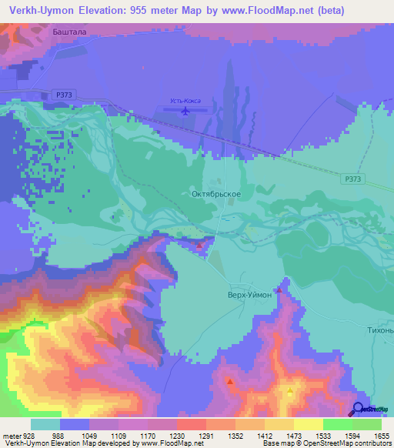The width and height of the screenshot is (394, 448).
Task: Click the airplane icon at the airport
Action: [x=185, y=112]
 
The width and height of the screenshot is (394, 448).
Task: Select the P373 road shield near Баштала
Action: [x=65, y=94]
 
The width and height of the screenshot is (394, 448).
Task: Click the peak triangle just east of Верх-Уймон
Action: [x=278, y=291]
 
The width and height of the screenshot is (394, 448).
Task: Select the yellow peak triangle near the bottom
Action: [x=289, y=392]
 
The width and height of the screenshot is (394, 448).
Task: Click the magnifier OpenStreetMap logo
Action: [x=359, y=409]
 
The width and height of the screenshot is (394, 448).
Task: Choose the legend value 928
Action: [x=31, y=436]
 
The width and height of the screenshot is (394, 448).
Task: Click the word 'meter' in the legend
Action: [x=11, y=436]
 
